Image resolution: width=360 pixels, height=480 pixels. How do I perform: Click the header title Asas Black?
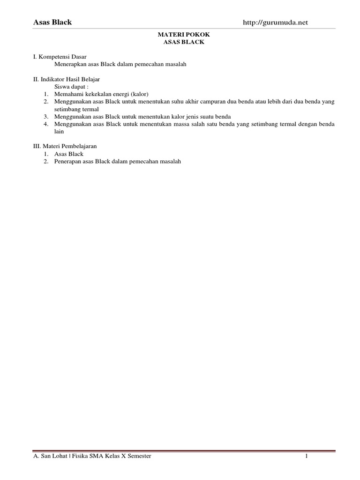(52, 22)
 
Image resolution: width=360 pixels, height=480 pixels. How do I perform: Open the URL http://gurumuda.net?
(276, 22)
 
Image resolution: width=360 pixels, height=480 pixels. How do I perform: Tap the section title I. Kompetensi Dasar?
(60, 56)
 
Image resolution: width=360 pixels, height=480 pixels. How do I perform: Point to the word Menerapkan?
(70, 64)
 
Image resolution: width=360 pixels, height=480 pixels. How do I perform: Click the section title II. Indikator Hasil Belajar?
(66, 79)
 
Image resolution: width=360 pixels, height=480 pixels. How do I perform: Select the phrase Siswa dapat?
(70, 87)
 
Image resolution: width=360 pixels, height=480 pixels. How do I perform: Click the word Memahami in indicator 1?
(68, 94)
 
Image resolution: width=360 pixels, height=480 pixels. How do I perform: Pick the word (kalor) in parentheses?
(140, 94)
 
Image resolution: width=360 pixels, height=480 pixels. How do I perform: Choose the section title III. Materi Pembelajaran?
(65, 146)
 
